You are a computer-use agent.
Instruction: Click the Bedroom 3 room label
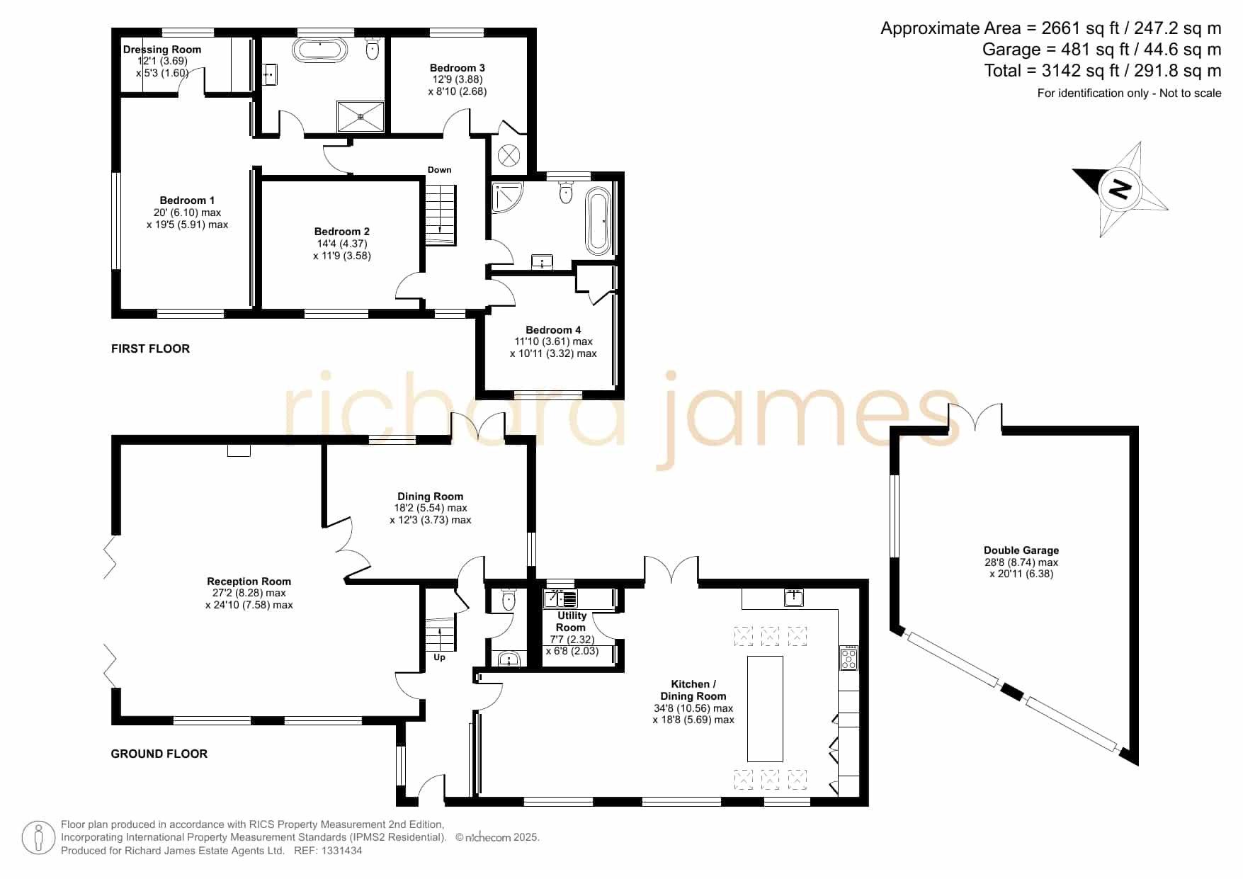[x=457, y=68]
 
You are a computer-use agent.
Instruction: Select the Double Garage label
[x=1021, y=550]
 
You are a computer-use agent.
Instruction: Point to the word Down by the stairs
[x=439, y=170]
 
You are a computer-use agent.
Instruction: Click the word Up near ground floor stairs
[x=439, y=657]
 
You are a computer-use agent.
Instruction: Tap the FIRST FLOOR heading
[x=150, y=348]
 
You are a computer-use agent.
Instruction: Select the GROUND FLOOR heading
[x=159, y=754]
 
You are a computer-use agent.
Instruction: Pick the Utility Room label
[x=571, y=621]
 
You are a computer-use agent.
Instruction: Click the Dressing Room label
[x=162, y=50]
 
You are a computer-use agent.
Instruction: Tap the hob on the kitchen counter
[x=848, y=658]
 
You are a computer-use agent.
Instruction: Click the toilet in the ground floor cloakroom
[x=508, y=601]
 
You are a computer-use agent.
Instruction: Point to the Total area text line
[x=1103, y=71]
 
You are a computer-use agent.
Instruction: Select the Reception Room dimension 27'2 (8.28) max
[x=249, y=594]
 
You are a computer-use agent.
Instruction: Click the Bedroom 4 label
[x=553, y=330]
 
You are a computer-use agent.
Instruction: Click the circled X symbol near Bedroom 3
[x=509, y=154]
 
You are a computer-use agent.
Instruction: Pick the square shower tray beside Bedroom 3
[x=361, y=117]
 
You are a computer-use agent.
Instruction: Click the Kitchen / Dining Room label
[x=693, y=690]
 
